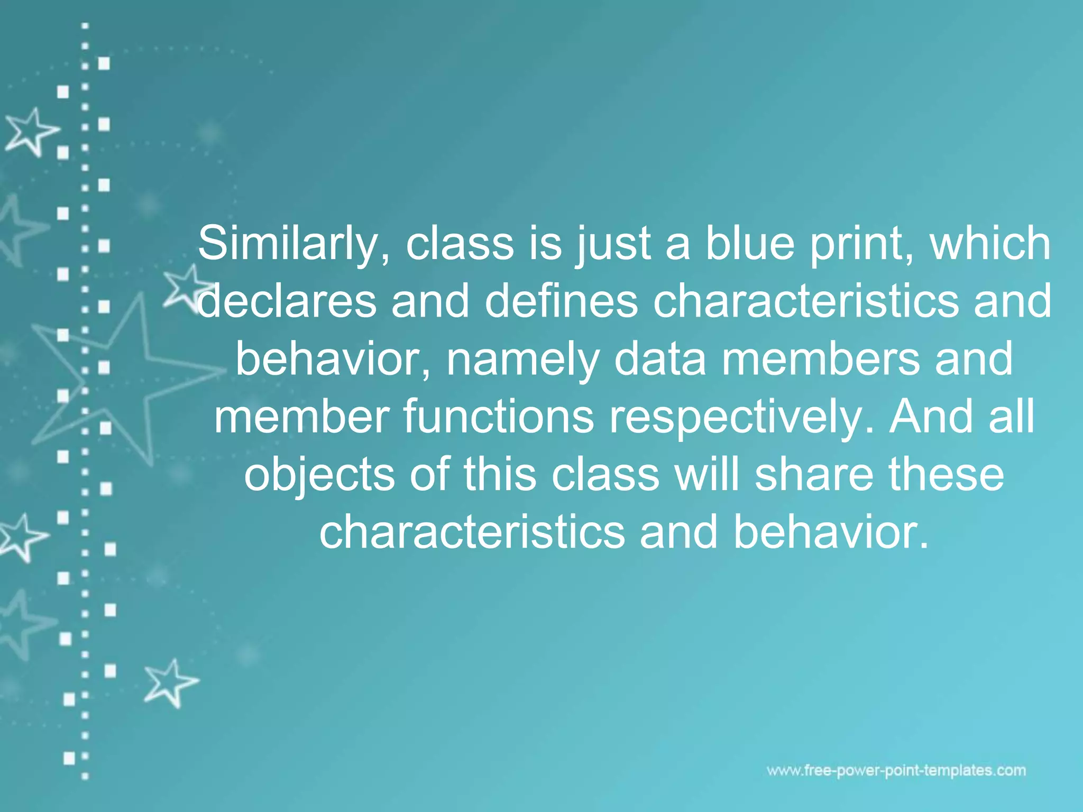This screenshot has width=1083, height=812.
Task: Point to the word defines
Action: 561,302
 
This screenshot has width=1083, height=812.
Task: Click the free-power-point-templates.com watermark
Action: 896,771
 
